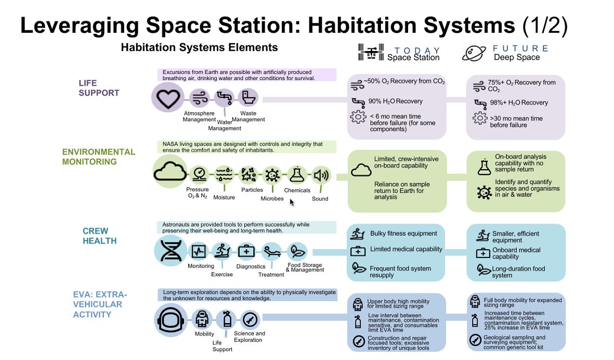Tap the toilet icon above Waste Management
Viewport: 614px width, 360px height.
249,97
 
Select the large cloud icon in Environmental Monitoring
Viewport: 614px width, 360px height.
170,172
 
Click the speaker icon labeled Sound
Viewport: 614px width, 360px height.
321,175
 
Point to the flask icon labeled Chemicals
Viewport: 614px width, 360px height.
296,175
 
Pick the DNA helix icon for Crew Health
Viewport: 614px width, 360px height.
171,251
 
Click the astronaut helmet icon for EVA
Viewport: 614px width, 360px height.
171,320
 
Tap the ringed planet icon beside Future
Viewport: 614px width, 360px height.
474,53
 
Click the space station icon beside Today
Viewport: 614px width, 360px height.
371,52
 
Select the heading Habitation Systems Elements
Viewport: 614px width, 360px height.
199,47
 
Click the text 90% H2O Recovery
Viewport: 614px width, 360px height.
396,101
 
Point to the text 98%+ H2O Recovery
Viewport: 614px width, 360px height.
519,102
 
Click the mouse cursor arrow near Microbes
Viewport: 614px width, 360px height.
292,202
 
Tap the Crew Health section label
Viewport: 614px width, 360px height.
99,236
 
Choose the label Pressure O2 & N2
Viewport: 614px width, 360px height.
198,192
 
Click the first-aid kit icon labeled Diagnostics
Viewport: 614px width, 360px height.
246,251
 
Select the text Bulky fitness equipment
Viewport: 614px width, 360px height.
404,234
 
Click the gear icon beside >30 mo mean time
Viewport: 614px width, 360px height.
480,118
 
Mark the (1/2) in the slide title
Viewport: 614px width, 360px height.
545,25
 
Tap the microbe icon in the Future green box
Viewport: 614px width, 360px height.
485,192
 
